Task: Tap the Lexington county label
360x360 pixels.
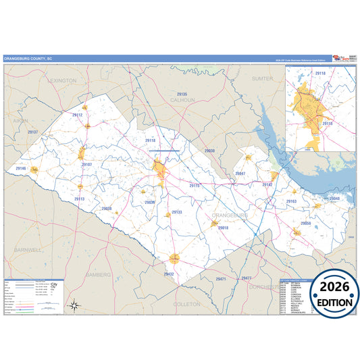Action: click(62, 80)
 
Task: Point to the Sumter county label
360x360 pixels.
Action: click(262, 78)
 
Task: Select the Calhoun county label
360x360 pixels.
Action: click(182, 100)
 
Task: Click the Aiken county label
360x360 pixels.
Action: click(20, 120)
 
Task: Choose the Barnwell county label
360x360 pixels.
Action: click(28, 249)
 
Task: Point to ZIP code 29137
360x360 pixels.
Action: click(32, 132)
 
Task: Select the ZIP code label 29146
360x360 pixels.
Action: click(20, 168)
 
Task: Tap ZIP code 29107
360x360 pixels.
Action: click(86, 164)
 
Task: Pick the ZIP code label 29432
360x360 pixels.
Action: click(169, 274)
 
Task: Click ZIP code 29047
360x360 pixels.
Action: click(240, 174)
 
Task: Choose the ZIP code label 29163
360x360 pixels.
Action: click(292, 201)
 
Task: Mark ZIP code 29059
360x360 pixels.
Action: click(305, 223)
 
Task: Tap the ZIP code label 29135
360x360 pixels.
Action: click(182, 94)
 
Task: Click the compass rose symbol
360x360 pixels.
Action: click(75, 305)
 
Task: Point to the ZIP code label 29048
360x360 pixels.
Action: click(335, 199)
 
